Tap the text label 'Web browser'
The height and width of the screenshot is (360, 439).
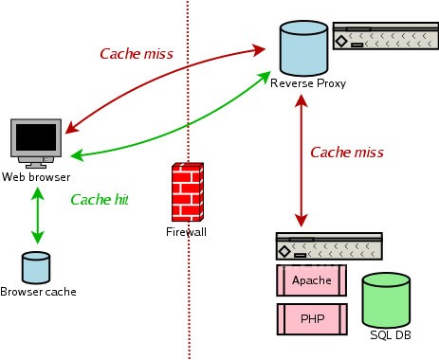tap(37, 177)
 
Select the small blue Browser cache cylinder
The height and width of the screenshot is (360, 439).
tap(36, 267)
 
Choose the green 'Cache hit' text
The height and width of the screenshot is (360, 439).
tap(100, 200)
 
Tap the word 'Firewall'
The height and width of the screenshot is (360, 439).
tap(186, 232)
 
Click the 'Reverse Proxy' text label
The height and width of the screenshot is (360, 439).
tap(307, 83)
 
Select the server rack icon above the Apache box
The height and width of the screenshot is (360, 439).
tap(328, 246)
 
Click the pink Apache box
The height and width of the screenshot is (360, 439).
tap(311, 279)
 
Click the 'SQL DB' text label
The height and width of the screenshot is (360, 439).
tap(390, 336)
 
